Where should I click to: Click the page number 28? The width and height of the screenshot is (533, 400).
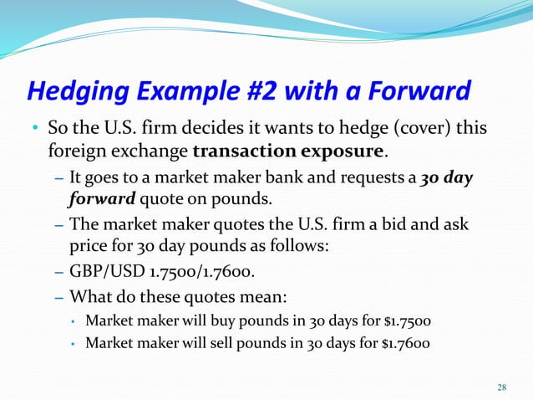(501, 387)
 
